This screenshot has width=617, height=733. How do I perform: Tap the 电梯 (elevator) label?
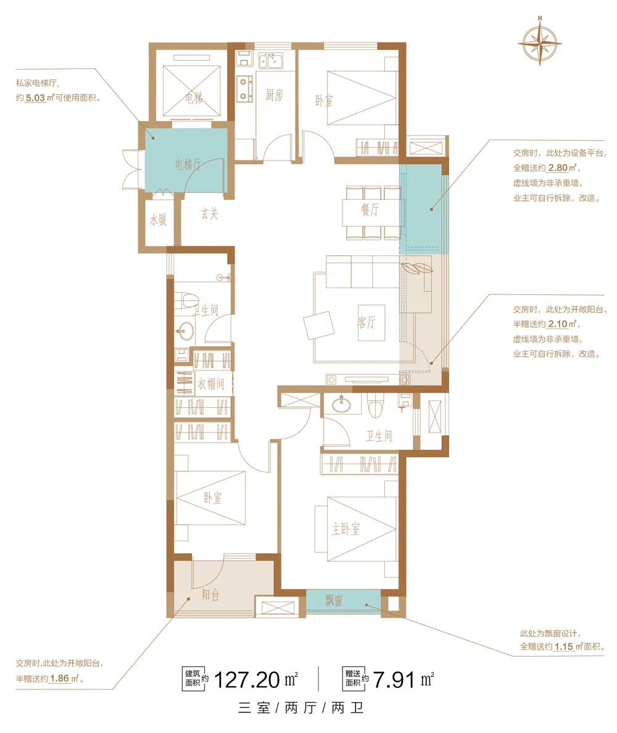point(194,97)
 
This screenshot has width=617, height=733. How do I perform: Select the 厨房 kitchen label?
point(275,95)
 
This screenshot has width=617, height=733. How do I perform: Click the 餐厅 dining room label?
point(370,209)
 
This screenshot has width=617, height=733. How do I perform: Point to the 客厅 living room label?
point(367,322)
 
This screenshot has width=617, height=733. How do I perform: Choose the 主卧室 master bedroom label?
point(346,529)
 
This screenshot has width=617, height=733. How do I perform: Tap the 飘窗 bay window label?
point(334,600)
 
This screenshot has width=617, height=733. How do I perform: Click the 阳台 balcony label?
point(211,595)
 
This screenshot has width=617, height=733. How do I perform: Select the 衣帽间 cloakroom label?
point(211,384)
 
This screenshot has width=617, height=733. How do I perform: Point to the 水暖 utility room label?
point(158,219)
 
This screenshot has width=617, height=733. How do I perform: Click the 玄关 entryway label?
point(210,213)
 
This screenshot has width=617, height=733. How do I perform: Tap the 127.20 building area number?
point(247,680)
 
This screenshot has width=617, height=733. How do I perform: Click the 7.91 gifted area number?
point(394,680)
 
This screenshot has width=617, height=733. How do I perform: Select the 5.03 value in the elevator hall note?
point(36,98)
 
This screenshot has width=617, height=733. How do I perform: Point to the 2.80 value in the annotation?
point(558,168)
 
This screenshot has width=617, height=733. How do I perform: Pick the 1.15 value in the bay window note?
point(564,647)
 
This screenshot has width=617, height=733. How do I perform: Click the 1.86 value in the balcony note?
point(59,678)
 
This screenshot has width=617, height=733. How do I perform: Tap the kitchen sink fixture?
point(271,60)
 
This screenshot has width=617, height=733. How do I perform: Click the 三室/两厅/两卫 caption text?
point(301,708)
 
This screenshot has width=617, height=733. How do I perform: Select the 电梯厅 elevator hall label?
point(188,164)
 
